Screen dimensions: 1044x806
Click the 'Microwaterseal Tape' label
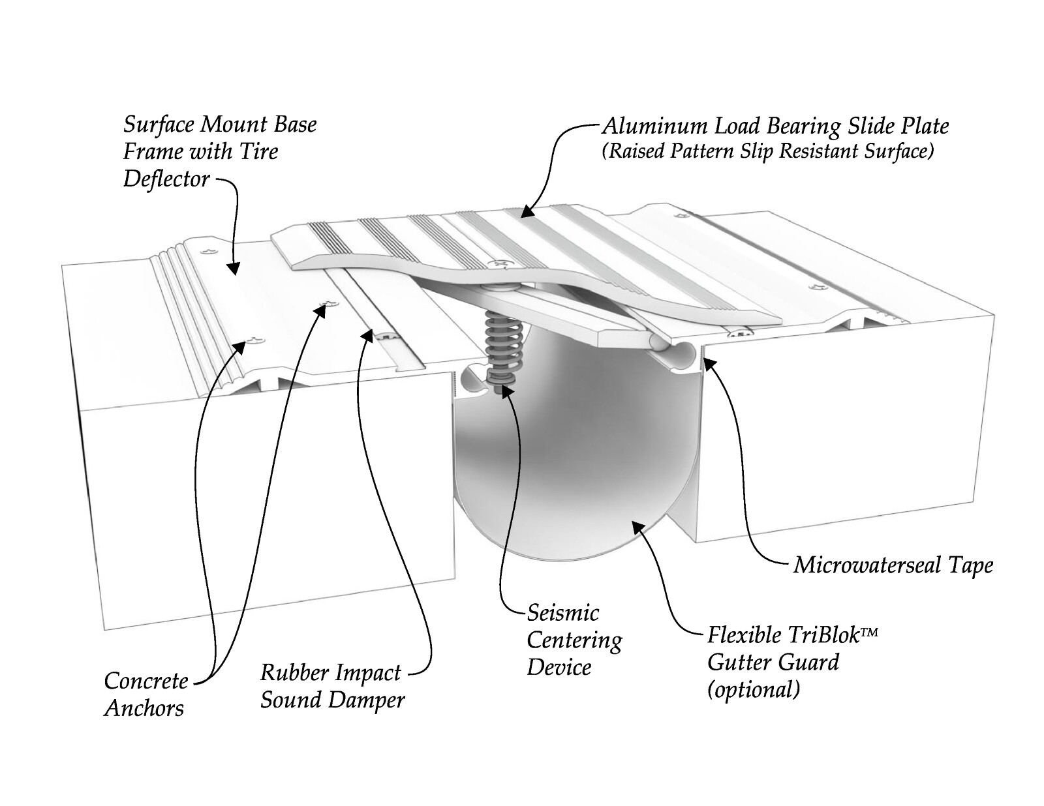[893, 565]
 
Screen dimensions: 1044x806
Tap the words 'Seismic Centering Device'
[575, 640]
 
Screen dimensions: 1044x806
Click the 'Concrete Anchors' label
[146, 694]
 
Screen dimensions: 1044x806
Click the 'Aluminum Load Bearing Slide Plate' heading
[776, 127]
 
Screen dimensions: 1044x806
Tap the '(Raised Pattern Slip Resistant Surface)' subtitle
[768, 152]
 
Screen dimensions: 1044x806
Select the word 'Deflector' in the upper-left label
[166, 179]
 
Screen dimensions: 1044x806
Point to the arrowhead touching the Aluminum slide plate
[528, 211]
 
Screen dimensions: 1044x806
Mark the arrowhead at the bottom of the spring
[504, 391]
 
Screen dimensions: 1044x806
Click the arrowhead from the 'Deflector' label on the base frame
[234, 268]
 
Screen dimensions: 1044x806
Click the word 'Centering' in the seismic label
[575, 641]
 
